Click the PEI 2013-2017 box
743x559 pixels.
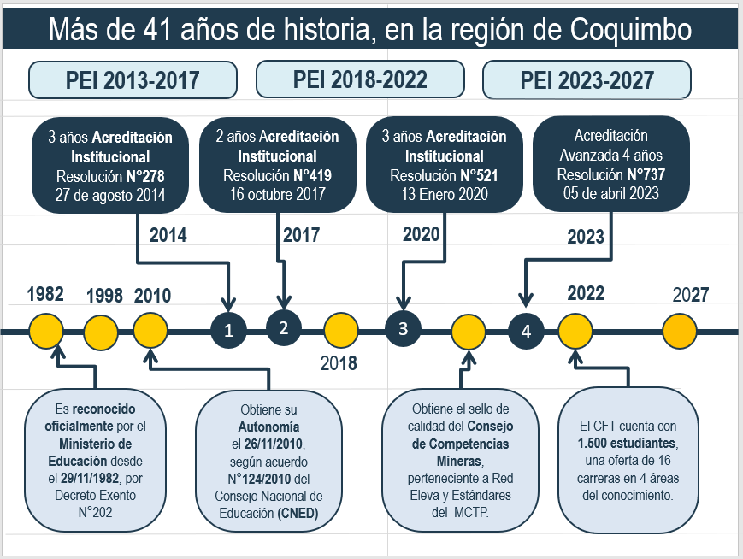[133, 79]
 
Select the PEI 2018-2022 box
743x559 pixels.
[360, 79]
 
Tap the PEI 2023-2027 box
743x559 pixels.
[587, 79]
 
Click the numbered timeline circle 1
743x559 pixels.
[228, 330]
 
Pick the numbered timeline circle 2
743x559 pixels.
[283, 328]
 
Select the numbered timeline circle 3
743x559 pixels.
[403, 329]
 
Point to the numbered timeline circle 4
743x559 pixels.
[526, 331]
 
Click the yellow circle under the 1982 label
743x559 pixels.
[46, 331]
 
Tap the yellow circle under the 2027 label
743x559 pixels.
[680, 331]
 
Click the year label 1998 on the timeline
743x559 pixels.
[104, 296]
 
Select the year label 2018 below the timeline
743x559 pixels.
[339, 363]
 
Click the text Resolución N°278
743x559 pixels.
[110, 176]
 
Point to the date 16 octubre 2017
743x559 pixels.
[278, 194]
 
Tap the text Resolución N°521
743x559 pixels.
[444, 176]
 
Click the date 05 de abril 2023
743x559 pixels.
[611, 193]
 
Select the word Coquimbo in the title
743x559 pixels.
[631, 29]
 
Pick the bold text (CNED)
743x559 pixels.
[298, 513]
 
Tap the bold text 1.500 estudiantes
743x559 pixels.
[627, 443]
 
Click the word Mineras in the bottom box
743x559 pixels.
[458, 461]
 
